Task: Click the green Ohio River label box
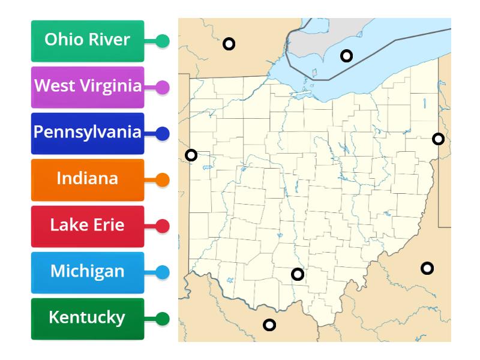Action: coord(88,41)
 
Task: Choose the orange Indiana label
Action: coord(88,179)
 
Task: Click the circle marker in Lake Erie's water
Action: coord(346,56)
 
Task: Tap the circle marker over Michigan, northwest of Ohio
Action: coord(229,44)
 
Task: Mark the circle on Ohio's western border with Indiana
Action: coord(191,155)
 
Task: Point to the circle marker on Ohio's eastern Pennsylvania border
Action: coord(439,139)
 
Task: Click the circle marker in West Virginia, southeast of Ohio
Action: coord(427,268)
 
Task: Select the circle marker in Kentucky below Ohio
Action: coord(269,325)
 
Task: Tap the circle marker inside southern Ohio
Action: coord(298,274)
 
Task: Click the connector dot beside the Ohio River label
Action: coord(163,41)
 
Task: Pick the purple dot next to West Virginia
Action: coord(163,88)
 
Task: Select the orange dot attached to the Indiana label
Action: coord(163,179)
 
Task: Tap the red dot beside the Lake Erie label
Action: coord(163,226)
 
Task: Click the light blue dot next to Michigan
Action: coord(163,272)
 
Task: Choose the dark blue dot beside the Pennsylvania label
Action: coord(163,133)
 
